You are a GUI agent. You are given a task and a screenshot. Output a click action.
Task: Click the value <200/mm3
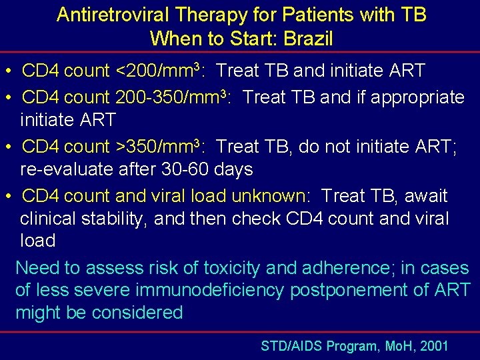coord(159,69)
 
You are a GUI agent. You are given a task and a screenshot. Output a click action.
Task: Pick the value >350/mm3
coord(159,146)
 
